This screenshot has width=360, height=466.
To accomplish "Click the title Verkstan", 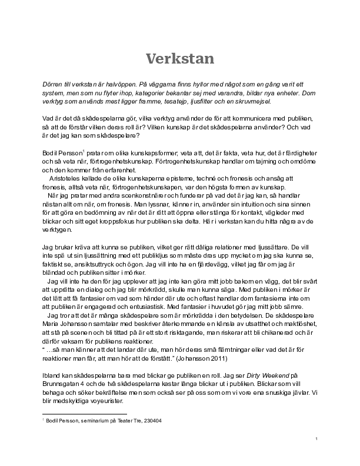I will click(x=180, y=58).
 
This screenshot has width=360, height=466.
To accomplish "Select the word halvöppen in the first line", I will click(x=111, y=85).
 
